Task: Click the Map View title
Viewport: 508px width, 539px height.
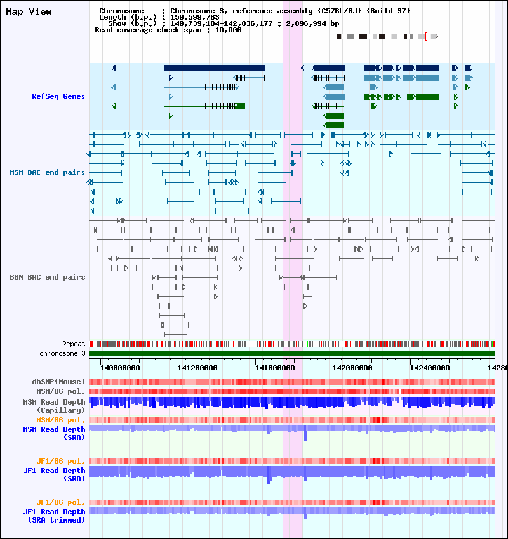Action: [29, 11]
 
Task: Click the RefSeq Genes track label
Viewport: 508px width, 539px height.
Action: [58, 96]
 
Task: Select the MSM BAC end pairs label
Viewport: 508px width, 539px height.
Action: [48, 172]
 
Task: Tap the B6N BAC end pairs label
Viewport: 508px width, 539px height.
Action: [48, 277]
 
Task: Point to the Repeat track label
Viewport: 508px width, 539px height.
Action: [74, 344]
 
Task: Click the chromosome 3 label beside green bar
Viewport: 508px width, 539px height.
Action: [62, 353]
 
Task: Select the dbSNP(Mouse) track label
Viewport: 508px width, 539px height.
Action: [58, 382]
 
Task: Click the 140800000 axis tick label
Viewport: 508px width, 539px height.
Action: [120, 368]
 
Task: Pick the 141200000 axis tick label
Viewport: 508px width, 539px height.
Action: [197, 368]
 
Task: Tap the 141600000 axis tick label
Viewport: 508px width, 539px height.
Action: [275, 368]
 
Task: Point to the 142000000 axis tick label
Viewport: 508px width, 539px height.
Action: [352, 368]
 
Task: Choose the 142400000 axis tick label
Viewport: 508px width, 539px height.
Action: [429, 368]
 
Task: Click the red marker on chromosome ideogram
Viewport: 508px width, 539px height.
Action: [427, 36]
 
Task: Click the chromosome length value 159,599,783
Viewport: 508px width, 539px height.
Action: [195, 17]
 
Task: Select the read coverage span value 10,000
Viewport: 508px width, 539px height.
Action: [228, 30]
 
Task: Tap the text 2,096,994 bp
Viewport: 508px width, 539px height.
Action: [312, 23]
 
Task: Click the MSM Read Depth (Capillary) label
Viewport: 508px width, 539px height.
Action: [54, 406]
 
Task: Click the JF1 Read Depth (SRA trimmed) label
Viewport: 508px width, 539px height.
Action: [54, 516]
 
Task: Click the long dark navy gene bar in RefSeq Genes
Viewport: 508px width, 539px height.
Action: [214, 68]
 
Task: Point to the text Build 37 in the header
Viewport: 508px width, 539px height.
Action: [389, 11]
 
